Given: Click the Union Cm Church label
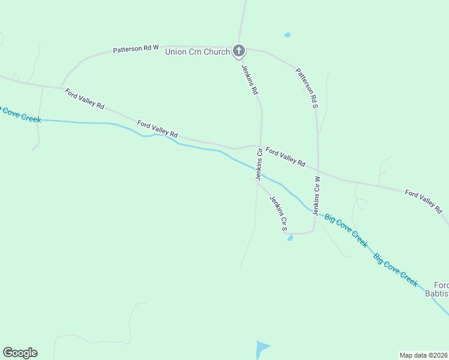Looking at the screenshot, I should pyautogui.click(x=197, y=52).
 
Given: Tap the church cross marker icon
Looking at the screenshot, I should pyautogui.click(x=239, y=51).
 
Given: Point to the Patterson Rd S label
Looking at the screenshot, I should pyautogui.click(x=306, y=88).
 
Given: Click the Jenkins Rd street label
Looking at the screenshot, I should pyautogui.click(x=250, y=80).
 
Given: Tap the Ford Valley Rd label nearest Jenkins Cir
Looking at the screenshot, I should pyautogui.click(x=285, y=157).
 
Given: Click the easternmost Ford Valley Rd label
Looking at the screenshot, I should pyautogui.click(x=423, y=201).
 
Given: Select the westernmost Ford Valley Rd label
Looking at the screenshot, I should pyautogui.click(x=85, y=98).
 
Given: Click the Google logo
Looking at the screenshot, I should pyautogui.click(x=20, y=353).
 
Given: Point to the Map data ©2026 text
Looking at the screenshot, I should pyautogui.click(x=423, y=355).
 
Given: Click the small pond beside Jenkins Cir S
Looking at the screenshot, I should pyautogui.click(x=290, y=238).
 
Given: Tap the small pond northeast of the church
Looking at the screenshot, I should pyautogui.click(x=288, y=35).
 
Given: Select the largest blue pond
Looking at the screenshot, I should pyautogui.click(x=262, y=349).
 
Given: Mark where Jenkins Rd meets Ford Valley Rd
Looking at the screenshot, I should pyautogui.click(x=261, y=146).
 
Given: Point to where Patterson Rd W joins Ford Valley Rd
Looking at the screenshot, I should pyautogui.click(x=61, y=88).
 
